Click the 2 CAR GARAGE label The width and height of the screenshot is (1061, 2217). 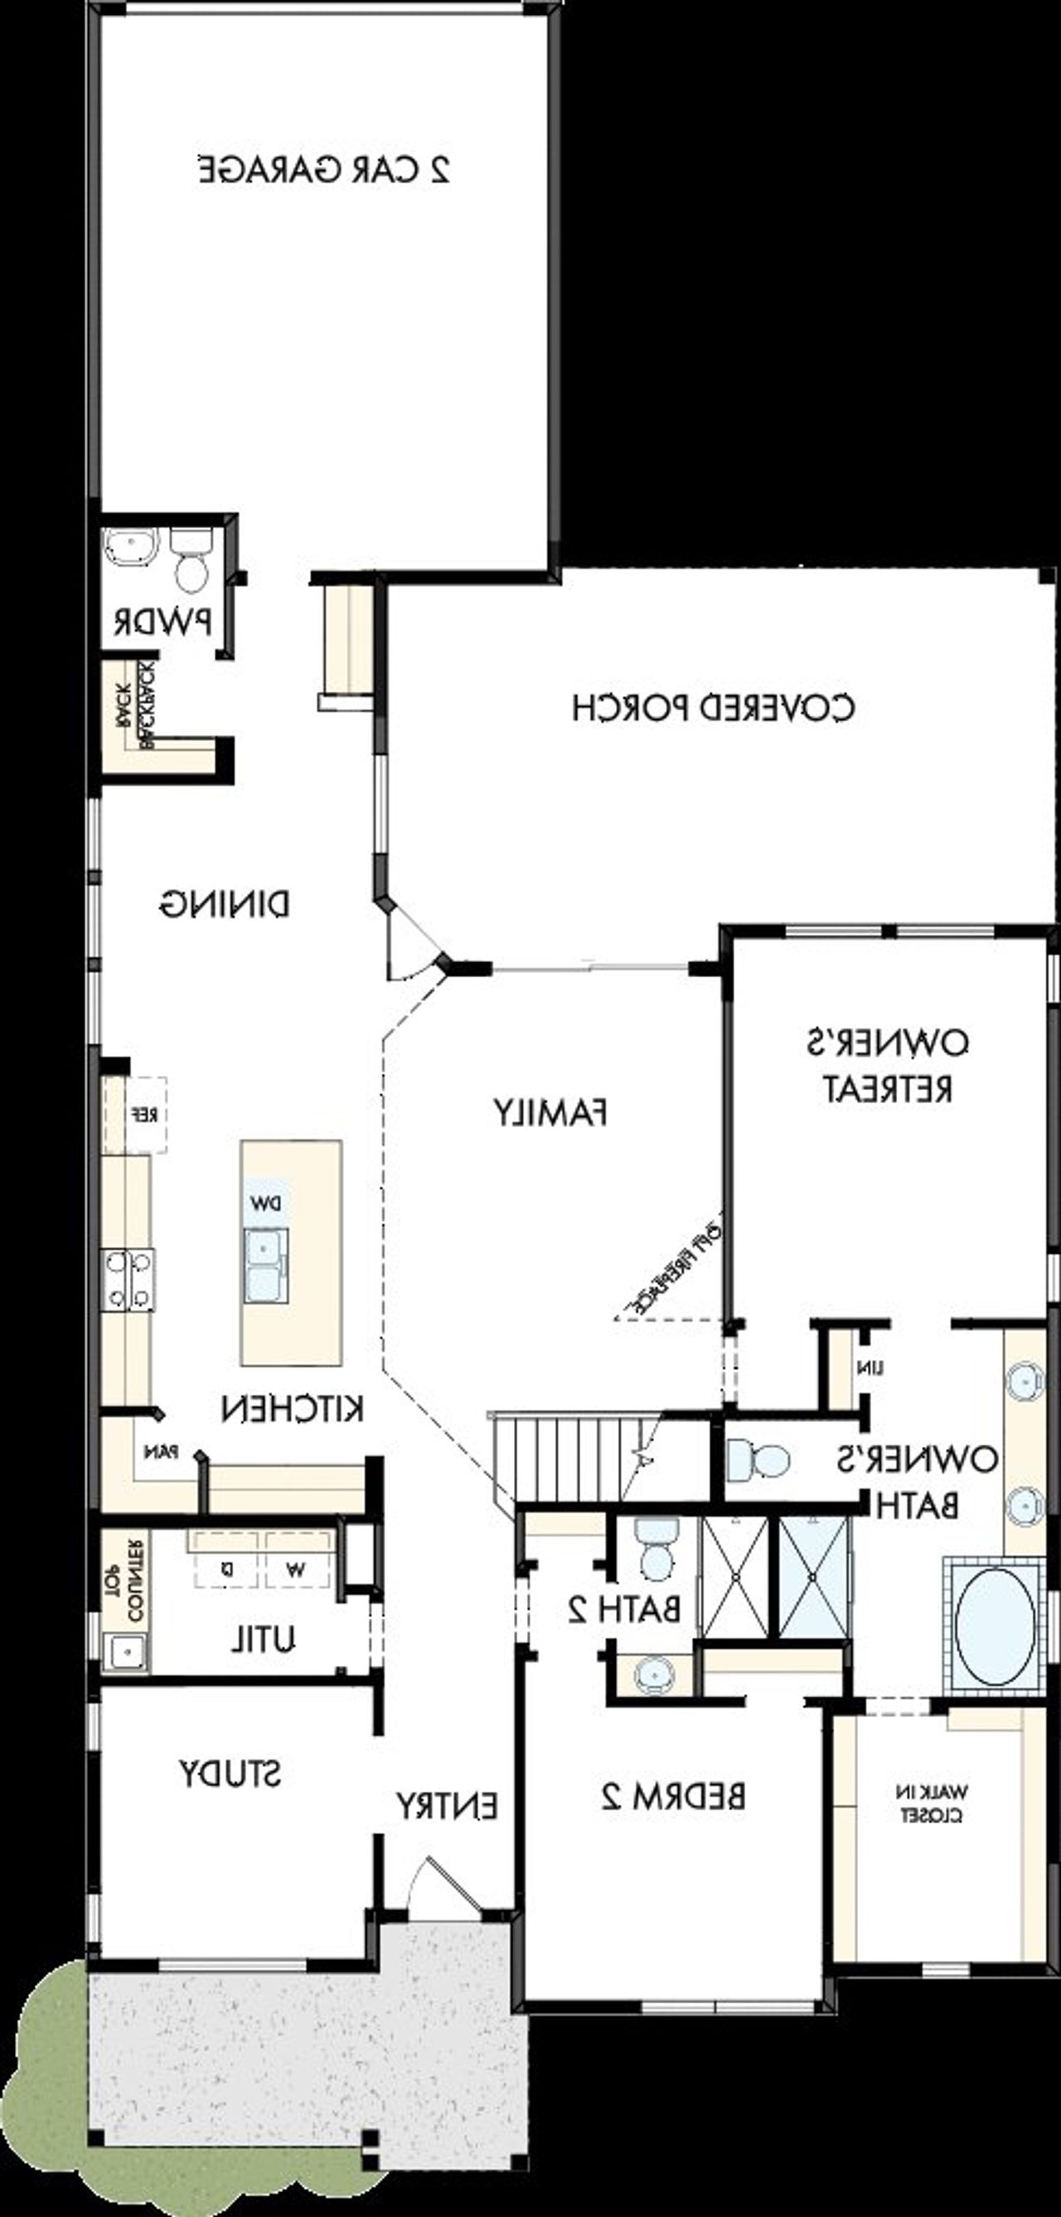(324, 170)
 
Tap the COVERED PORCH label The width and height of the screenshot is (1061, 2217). (714, 708)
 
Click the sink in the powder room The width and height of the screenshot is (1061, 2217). (132, 547)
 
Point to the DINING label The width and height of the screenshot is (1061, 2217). (225, 904)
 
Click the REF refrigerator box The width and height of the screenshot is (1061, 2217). (136, 1115)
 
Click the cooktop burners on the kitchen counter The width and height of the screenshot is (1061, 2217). (128, 1280)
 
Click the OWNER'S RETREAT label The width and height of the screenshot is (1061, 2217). (888, 1066)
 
